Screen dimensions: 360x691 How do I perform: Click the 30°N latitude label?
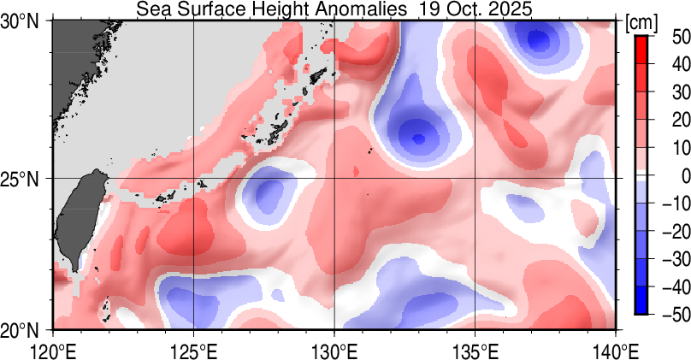point(24,23)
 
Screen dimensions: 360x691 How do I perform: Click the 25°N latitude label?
point(24,179)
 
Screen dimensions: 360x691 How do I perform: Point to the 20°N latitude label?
point(24,330)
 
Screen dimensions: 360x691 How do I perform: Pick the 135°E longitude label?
point(475,349)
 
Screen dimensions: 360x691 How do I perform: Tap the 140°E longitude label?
point(615,349)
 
